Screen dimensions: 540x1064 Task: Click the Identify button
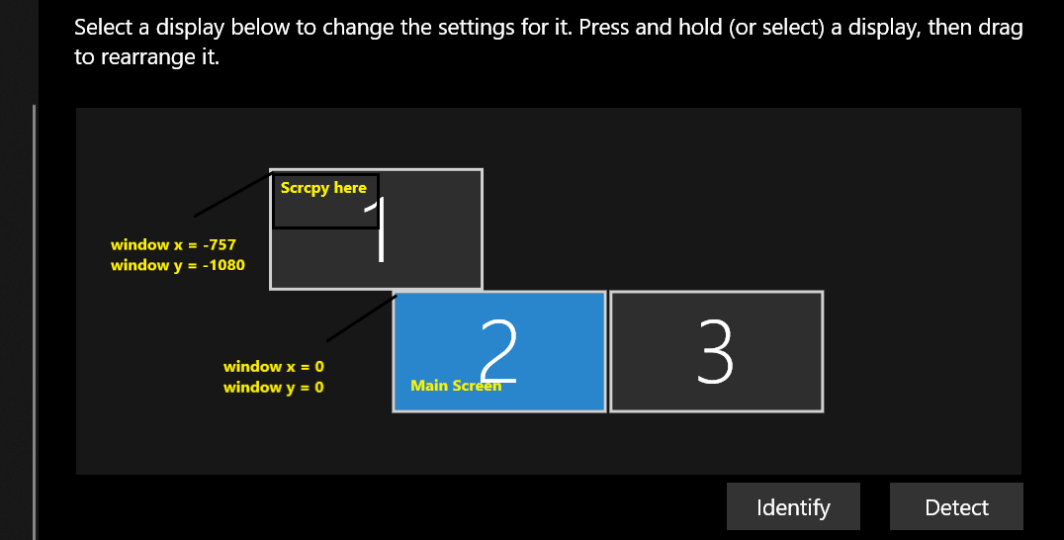coord(793,507)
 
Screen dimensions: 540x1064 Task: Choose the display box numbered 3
coord(716,351)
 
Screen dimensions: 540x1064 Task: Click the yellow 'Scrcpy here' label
coord(323,188)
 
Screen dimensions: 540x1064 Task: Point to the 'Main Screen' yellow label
coord(455,386)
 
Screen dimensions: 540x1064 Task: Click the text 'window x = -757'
coord(173,244)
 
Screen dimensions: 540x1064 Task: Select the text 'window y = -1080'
coord(177,265)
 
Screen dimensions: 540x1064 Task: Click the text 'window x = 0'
coord(273,367)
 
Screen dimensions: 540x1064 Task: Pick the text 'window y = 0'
coord(273,388)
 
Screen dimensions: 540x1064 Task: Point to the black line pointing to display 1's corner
coord(232,195)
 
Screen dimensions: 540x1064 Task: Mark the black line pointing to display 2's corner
coord(361,316)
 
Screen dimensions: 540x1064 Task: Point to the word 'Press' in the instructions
coord(604,28)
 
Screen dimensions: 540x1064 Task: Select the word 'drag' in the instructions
coord(1001,28)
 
